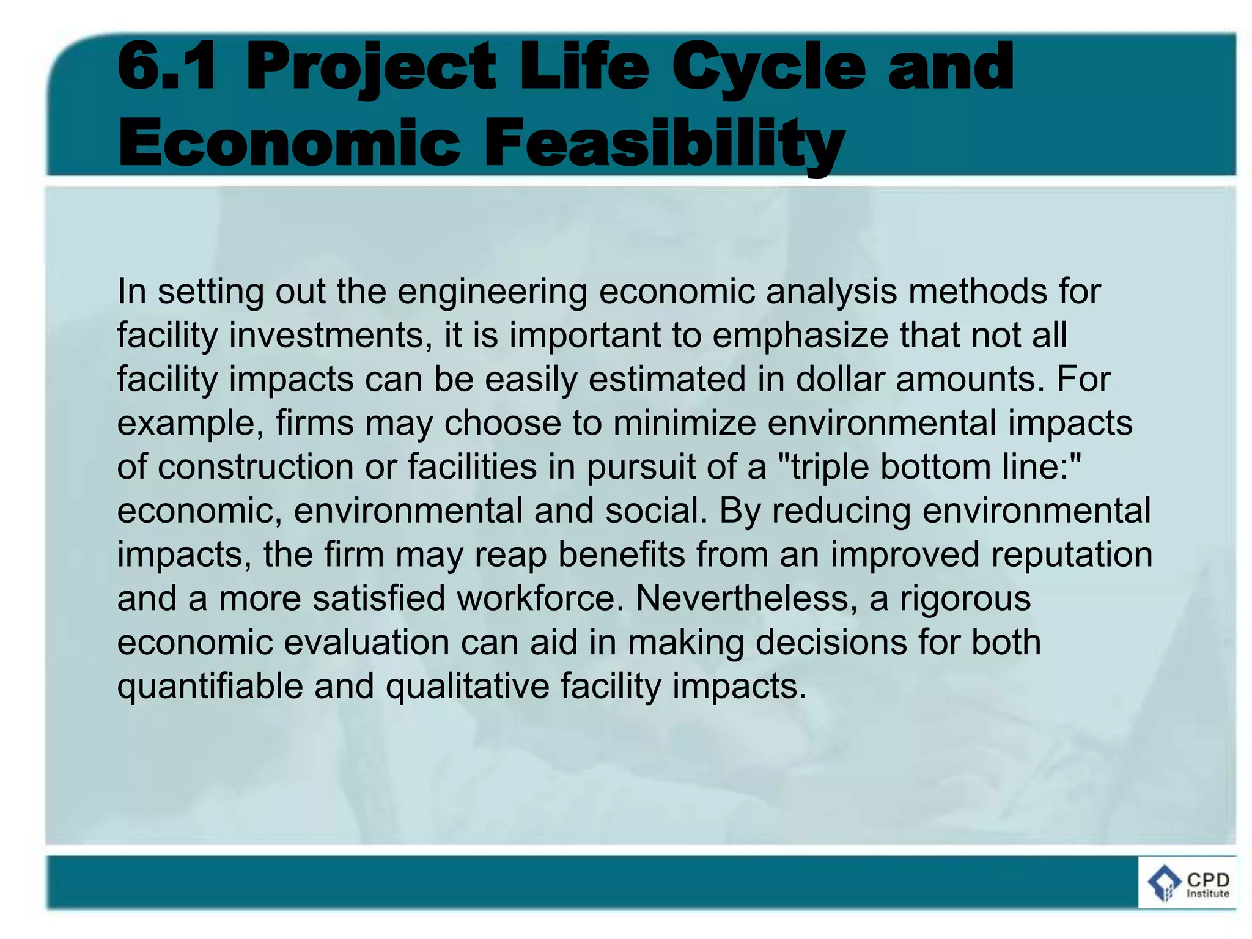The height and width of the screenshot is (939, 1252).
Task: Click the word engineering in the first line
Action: point(492,291)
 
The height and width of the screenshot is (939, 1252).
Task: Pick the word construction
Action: point(256,467)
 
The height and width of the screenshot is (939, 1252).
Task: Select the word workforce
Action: point(536,598)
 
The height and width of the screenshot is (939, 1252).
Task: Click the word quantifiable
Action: point(210,687)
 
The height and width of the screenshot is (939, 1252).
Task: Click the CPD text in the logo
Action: point(1207,880)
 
